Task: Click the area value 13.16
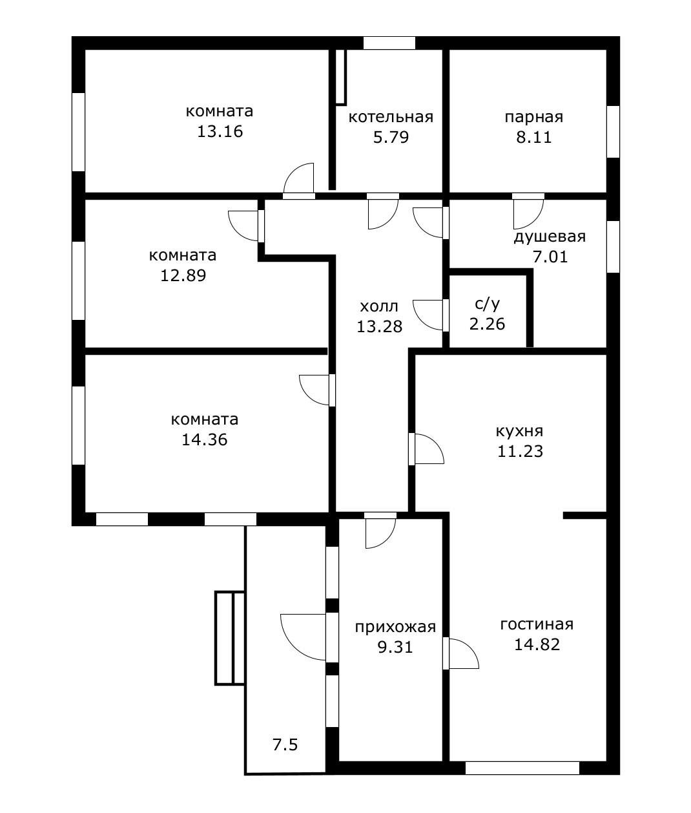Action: tap(220, 132)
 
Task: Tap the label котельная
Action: tap(390, 117)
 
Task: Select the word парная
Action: tap(533, 117)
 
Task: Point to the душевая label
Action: tap(549, 237)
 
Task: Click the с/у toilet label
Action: tap(487, 303)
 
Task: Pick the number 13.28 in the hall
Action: tap(379, 326)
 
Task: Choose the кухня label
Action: tap(519, 431)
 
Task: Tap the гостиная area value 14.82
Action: tap(537, 644)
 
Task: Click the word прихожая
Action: tap(395, 627)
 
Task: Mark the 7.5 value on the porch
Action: tap(285, 745)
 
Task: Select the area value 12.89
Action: tap(183, 276)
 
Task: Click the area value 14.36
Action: tap(204, 440)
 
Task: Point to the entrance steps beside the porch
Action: tap(230, 637)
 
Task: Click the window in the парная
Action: tap(613, 131)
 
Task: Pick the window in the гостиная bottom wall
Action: tap(522, 768)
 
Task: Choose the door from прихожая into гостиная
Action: tap(461, 653)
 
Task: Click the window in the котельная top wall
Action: tap(389, 43)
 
